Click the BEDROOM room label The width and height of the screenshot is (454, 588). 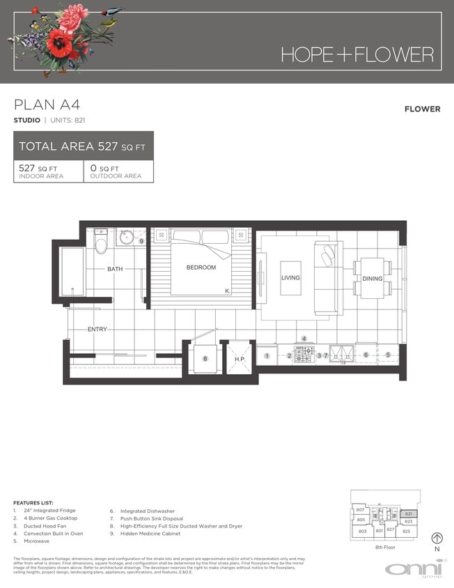point(201,268)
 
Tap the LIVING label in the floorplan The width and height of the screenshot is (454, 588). point(290,278)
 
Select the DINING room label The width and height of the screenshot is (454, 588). point(373,279)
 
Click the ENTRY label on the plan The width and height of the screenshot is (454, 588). point(97,329)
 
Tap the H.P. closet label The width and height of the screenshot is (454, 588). point(240,359)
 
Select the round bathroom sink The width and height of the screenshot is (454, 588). point(127,239)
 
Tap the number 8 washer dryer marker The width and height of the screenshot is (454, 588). point(205,359)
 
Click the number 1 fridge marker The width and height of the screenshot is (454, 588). point(267,356)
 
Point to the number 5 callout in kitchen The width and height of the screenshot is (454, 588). point(388,355)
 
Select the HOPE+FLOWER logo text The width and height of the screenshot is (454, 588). point(357,55)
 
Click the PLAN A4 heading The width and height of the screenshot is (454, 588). point(47,105)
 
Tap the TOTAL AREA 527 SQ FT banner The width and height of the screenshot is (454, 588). point(83,146)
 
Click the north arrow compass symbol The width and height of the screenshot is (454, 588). point(437,538)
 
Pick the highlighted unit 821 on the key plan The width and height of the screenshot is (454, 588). point(409,513)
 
